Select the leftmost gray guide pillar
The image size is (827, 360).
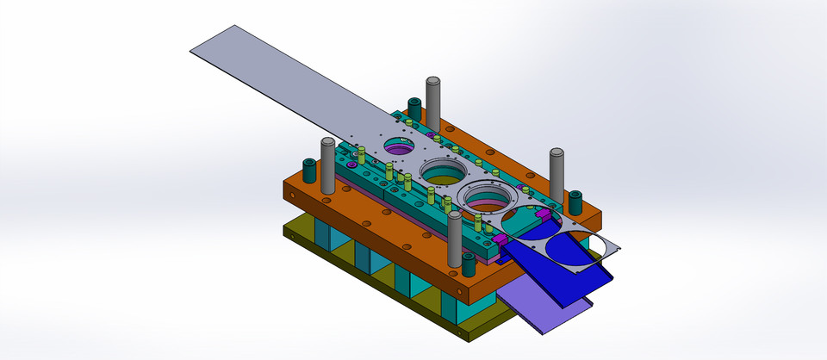(327, 164)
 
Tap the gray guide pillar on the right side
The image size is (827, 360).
(557, 177)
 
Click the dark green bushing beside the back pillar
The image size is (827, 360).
(414, 109)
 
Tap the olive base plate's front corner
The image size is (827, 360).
(469, 335)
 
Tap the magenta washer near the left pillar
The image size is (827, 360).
(352, 164)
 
